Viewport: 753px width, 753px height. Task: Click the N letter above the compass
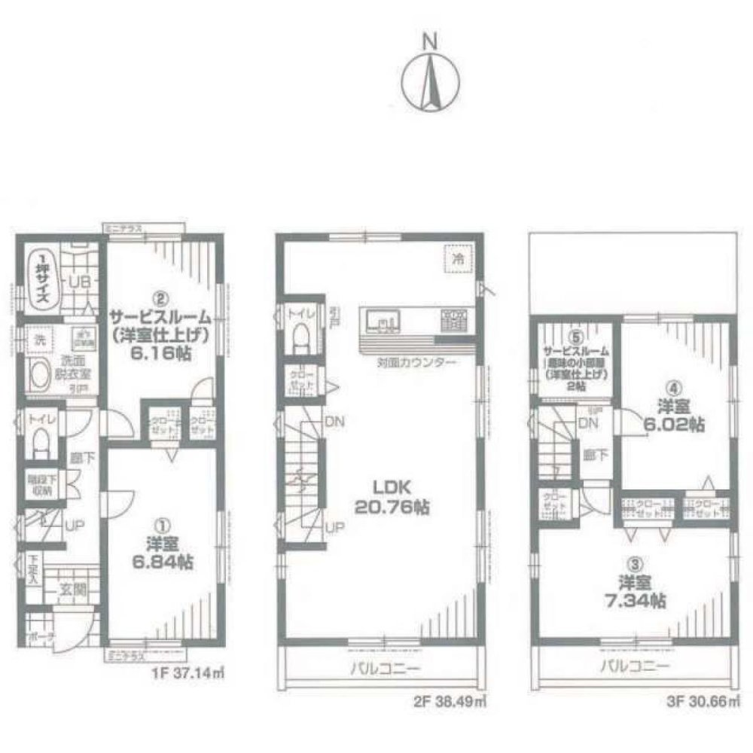pos(430,41)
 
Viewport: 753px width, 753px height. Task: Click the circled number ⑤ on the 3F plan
pos(576,338)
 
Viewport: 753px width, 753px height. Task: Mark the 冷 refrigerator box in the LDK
pos(457,257)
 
